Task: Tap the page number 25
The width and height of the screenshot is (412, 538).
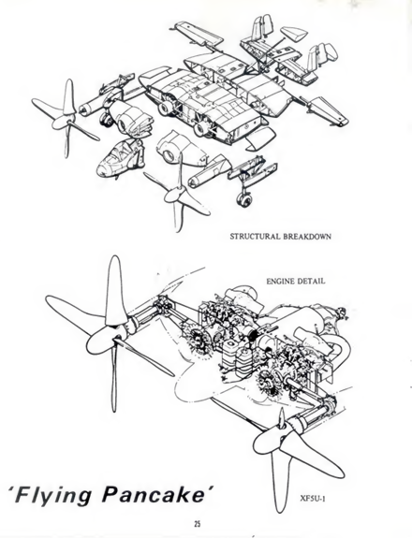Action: (x=197, y=524)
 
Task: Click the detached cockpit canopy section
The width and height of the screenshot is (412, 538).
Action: (x=118, y=158)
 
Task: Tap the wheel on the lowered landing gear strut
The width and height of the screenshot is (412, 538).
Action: (x=243, y=199)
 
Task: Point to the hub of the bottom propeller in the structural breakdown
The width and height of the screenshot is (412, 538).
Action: (x=175, y=195)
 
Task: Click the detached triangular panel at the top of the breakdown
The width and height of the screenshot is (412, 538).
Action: (x=294, y=35)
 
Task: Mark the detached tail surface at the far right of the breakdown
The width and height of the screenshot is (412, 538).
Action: (x=327, y=111)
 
